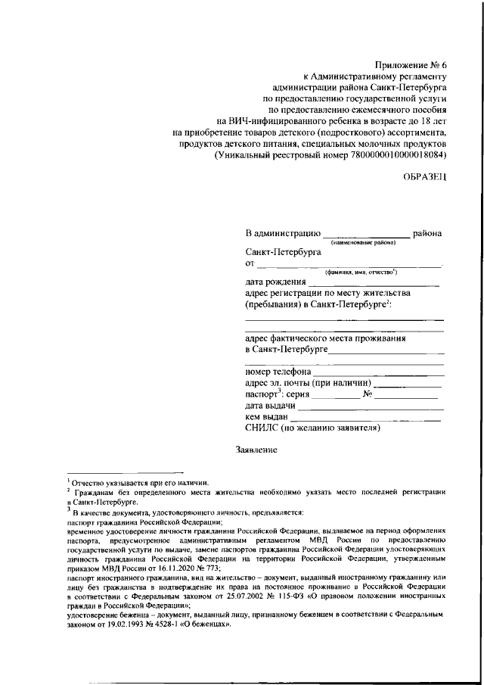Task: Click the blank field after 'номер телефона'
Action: point(378,372)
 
